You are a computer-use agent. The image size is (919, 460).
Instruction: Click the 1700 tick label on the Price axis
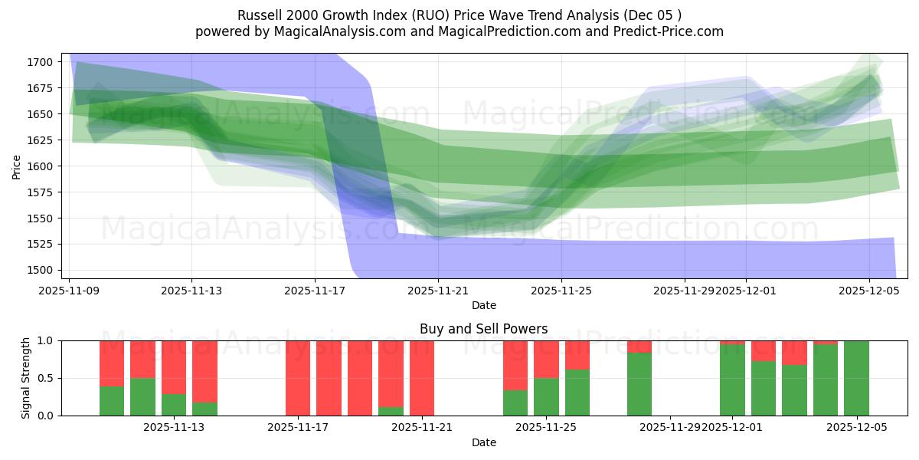40,62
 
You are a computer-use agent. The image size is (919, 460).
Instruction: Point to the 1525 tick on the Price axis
40,245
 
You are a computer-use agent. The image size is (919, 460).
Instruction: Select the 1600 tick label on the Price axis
40,166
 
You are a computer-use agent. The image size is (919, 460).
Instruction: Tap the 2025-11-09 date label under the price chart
70,291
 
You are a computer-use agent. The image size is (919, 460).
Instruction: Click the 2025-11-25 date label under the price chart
561,291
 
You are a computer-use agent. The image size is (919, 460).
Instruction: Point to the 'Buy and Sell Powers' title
483,329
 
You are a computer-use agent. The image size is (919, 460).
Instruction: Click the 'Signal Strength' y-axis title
26,378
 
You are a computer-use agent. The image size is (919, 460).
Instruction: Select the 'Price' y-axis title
17,166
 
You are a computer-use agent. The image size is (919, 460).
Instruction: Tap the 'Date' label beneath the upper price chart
483,305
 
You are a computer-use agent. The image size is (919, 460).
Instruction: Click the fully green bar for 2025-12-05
856,378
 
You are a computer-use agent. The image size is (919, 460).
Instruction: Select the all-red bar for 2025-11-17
298,378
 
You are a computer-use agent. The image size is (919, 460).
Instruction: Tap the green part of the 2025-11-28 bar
639,384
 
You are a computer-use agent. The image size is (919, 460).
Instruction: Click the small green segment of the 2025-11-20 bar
391,412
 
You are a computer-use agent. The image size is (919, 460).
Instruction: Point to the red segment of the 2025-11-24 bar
515,365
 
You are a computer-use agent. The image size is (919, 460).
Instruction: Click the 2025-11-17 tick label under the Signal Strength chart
298,428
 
